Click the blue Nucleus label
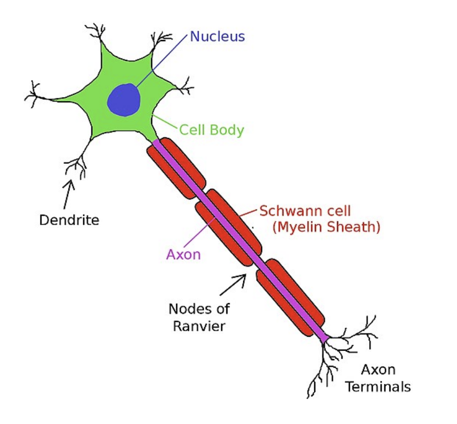coord(217,37)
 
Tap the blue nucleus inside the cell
coord(124,100)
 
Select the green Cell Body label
coord(212,130)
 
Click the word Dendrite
coord(69,220)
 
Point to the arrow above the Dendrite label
coord(68,194)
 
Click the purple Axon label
coord(184,255)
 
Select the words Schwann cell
coord(305,211)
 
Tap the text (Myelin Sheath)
coord(327,227)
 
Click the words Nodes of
coord(200,309)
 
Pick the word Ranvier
coord(199,326)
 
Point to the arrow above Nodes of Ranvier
coord(233,285)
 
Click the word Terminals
coord(378,387)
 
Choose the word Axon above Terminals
coord(378,370)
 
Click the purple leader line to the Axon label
coord(200,232)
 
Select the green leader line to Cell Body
coord(165,122)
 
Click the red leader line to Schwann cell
coord(249,213)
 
